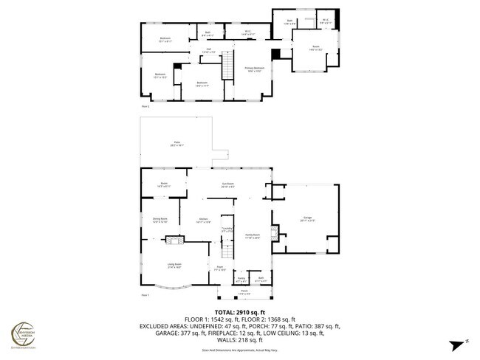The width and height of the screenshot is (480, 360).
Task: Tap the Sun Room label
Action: tap(228, 185)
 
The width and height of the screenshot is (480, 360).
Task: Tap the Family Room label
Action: tap(253, 235)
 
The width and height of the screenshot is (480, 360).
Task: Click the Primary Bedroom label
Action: tap(255, 69)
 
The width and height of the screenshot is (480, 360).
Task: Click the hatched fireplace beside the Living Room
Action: tap(173, 240)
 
